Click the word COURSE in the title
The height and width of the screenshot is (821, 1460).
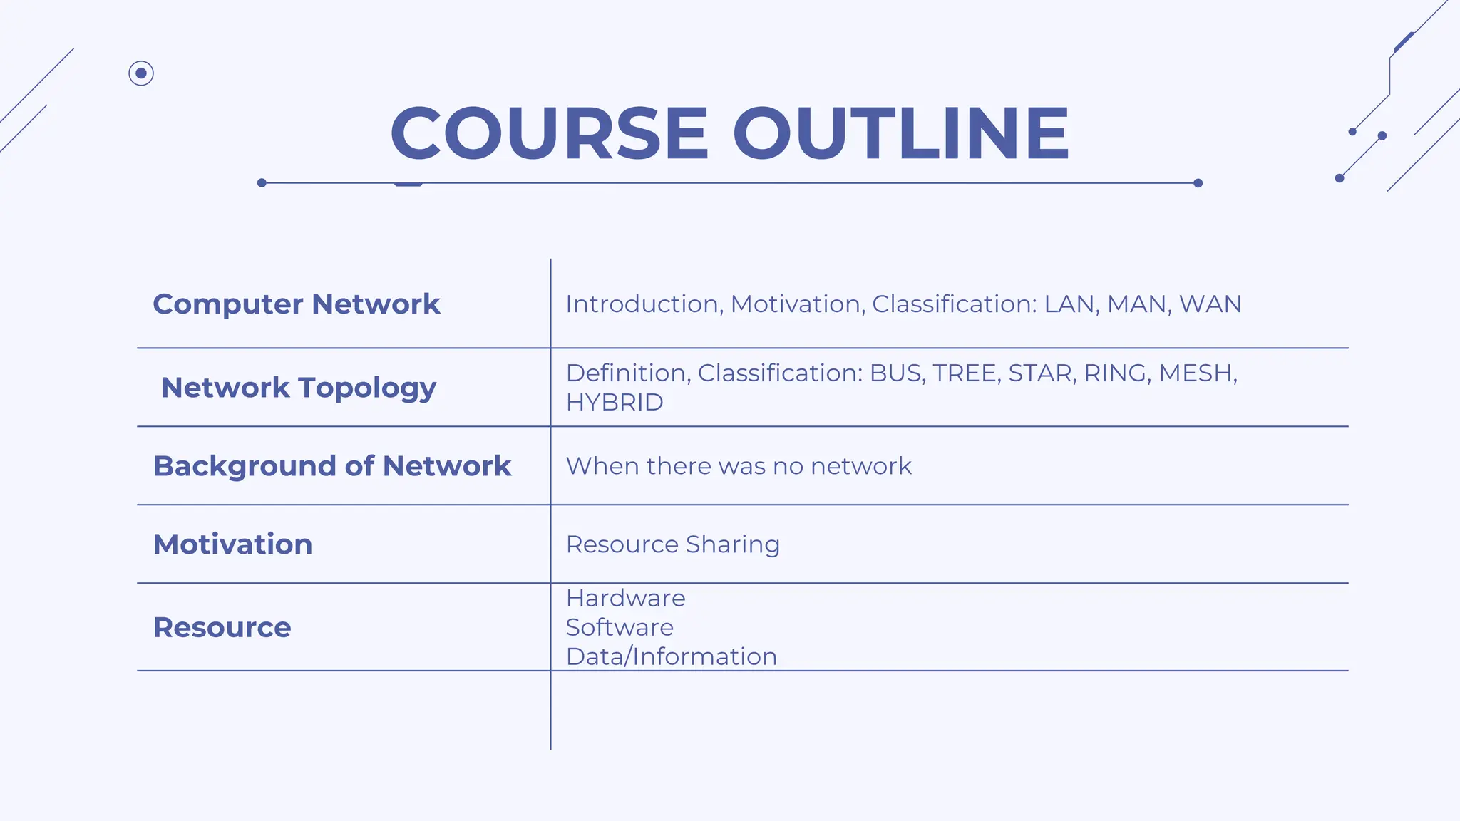pyautogui.click(x=549, y=133)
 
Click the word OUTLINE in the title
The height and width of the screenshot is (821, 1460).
pyautogui.click(x=901, y=133)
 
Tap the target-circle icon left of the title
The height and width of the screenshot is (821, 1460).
pyautogui.click(x=141, y=73)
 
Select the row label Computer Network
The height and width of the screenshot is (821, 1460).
pyautogui.click(x=297, y=304)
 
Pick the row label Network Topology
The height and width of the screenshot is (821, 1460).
pyautogui.click(x=298, y=388)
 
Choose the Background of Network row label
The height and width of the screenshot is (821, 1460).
pyautogui.click(x=332, y=466)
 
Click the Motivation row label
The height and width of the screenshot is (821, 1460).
pyautogui.click(x=232, y=544)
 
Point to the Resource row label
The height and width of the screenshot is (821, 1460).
pyautogui.click(x=222, y=628)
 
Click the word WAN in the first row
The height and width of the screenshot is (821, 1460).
pyautogui.click(x=1210, y=304)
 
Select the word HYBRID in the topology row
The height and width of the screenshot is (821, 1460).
pyautogui.click(x=615, y=403)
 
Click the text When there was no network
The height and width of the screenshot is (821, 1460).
pyautogui.click(x=739, y=466)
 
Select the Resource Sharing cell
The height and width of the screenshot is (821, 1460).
pyautogui.click(x=672, y=544)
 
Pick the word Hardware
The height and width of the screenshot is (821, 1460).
pyautogui.click(x=625, y=598)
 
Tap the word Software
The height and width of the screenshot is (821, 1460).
pyautogui.click(x=620, y=627)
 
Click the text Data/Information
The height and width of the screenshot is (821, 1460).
pyautogui.click(x=671, y=656)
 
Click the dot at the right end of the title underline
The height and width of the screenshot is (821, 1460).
pyautogui.click(x=1198, y=183)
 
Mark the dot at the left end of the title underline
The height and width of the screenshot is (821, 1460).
pyautogui.click(x=262, y=183)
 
